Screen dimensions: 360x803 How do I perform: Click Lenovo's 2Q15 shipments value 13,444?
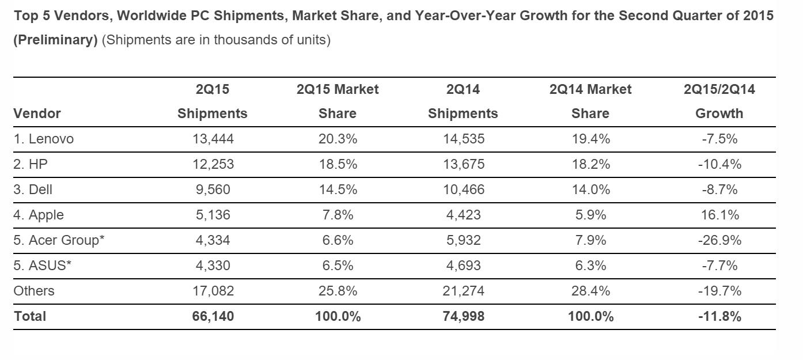(213, 139)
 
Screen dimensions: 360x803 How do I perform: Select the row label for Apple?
(39, 215)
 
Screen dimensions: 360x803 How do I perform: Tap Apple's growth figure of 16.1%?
(719, 215)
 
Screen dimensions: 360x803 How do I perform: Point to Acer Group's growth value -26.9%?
(719, 240)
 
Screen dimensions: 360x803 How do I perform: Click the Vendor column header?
(37, 113)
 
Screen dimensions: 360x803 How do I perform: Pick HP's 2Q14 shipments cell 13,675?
(463, 164)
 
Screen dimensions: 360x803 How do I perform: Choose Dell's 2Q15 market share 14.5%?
(338, 190)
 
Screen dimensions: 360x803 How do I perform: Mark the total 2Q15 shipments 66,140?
(213, 316)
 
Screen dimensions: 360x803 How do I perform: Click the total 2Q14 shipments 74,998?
(463, 316)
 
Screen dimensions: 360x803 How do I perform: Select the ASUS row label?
(43, 266)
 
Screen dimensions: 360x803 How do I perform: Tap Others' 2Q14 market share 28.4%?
(590, 291)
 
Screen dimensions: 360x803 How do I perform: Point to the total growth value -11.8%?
(719, 316)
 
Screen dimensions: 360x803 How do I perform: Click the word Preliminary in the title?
(55, 40)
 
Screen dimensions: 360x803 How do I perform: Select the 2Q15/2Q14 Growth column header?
(719, 101)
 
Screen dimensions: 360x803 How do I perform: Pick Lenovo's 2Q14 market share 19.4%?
(590, 139)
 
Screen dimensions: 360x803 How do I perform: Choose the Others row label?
(34, 291)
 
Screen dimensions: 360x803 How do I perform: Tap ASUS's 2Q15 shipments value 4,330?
(213, 266)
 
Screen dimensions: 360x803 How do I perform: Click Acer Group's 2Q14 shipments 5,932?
(463, 240)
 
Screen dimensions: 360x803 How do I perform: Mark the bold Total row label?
(30, 316)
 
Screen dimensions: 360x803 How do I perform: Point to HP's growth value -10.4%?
(719, 164)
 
